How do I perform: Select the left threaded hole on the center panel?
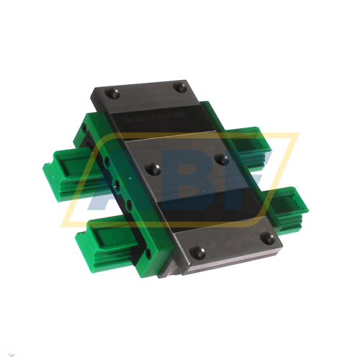point(151,167)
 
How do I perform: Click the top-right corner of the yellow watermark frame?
point(297,134)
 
